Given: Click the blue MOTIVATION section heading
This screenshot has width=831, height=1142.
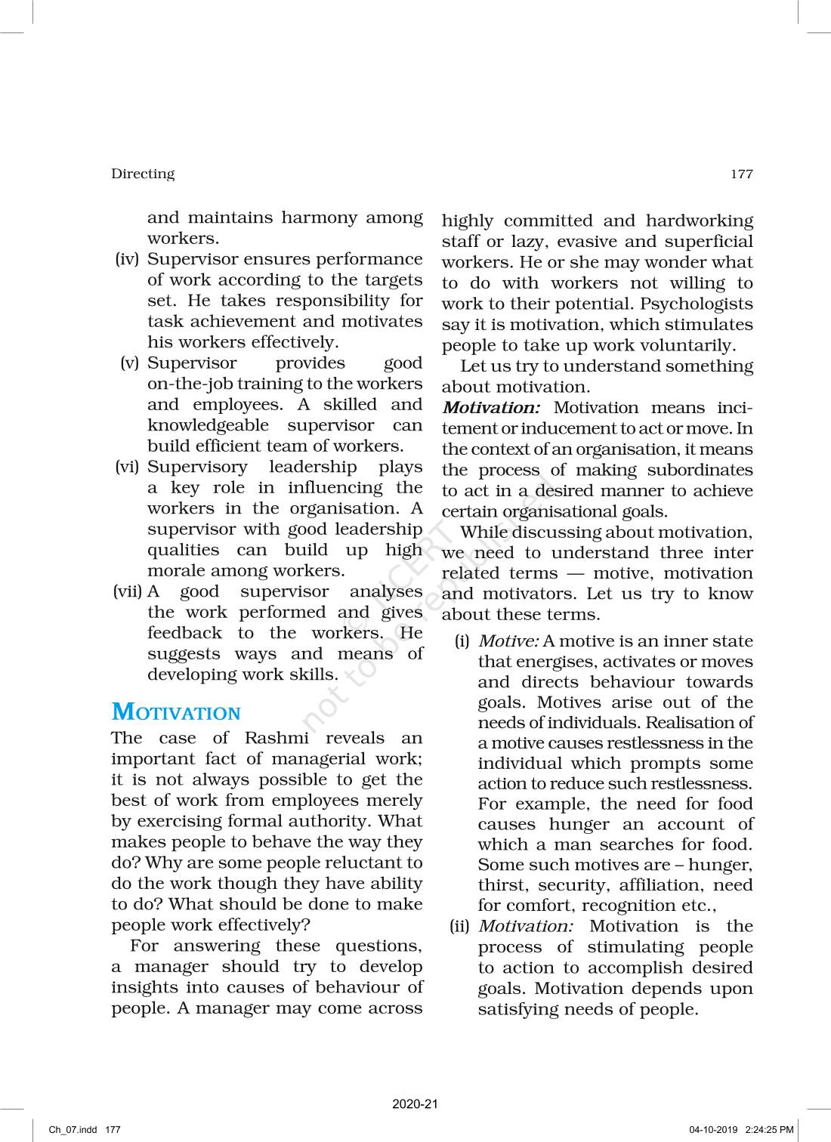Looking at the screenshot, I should pos(176,712).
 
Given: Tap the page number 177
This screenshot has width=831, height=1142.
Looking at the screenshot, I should pos(742,174).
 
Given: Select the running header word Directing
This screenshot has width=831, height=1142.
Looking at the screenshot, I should pos(143,174).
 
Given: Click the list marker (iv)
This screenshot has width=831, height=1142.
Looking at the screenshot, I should pos(128,259).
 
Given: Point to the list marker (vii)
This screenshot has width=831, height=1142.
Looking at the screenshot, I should pos(127,591).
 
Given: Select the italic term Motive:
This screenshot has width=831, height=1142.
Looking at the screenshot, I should pos(508,641).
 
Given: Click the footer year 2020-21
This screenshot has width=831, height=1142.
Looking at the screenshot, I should pos(415,1103).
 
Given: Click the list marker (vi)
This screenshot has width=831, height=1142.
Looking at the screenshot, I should pos(128,467).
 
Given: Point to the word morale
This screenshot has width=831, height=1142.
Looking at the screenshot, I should pos(177,571).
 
